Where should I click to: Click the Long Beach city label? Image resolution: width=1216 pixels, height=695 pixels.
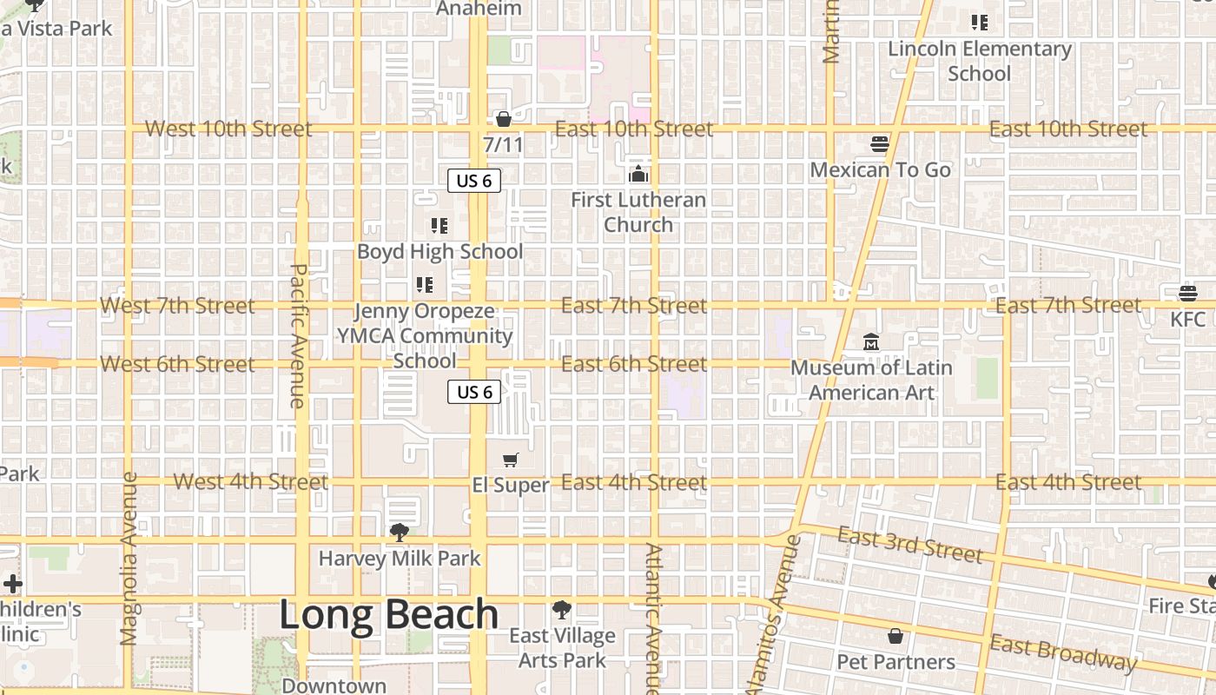pos(388,614)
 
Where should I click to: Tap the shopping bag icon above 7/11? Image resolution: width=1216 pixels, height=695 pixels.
pos(503,119)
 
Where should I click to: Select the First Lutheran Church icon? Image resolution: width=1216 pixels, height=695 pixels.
pos(638,175)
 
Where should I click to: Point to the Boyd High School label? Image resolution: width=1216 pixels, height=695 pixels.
pos(439,252)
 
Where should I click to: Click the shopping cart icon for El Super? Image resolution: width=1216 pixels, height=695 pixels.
pos(511,460)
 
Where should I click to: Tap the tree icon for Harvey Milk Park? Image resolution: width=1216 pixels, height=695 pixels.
pos(399,532)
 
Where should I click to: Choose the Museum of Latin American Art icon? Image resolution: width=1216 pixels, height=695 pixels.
pos(871,342)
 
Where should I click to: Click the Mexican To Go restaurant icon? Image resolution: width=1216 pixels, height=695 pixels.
pos(880,144)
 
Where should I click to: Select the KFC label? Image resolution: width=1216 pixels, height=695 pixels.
pos(1187,319)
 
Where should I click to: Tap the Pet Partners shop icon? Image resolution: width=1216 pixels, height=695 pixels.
pos(895,637)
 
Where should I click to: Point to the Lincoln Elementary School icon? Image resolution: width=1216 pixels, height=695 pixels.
pos(979,23)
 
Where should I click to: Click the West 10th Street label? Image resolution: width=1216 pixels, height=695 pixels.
pos(228,129)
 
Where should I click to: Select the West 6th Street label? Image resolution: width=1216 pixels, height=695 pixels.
pos(177,364)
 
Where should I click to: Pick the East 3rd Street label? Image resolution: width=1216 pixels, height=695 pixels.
pos(909,545)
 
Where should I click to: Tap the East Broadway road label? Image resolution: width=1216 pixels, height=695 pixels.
pos(1062,652)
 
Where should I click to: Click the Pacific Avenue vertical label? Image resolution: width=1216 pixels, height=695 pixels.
pos(296,335)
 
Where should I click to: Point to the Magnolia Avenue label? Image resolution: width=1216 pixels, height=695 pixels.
pos(129,559)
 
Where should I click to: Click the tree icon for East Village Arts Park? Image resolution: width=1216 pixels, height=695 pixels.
pos(562,610)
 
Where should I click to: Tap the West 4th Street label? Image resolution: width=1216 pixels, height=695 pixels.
pos(250,481)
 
